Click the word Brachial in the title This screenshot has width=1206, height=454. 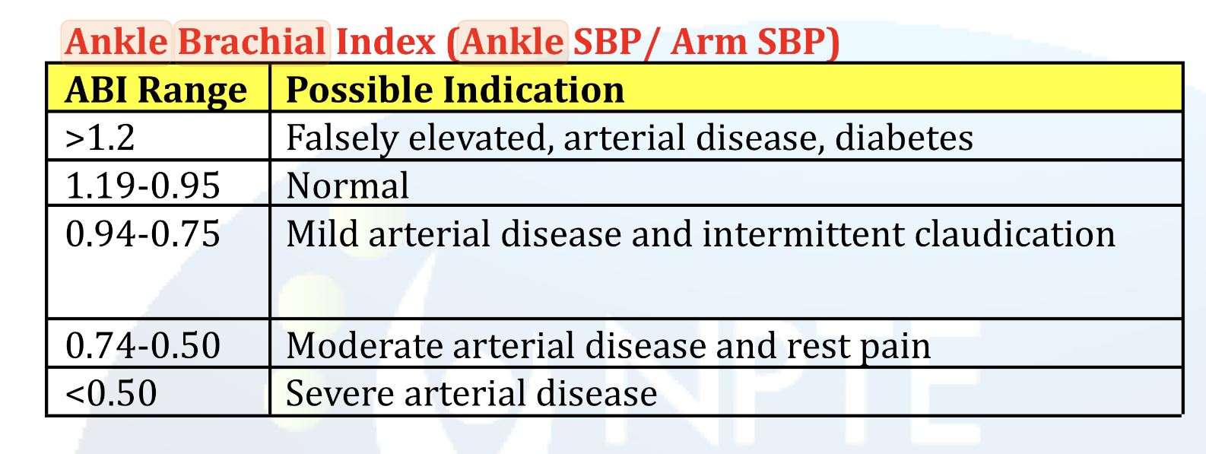pos(252,42)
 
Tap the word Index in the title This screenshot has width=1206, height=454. pos(386,42)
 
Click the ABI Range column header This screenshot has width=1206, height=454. pos(156,90)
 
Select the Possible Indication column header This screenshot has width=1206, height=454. pos(455,90)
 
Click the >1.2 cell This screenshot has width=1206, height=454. pos(100,138)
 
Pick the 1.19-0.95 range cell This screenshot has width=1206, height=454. pos(143,186)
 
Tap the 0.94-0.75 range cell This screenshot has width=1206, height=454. pos(143,234)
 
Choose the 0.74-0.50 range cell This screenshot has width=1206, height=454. pos(143,346)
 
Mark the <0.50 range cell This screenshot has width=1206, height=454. pos(112,394)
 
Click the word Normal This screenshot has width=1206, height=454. pos(348,186)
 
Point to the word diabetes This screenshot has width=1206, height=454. pos(903,138)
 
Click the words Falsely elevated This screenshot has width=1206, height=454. pos(416,138)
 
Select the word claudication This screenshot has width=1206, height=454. pos(1014,234)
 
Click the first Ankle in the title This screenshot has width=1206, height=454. pos(116,42)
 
